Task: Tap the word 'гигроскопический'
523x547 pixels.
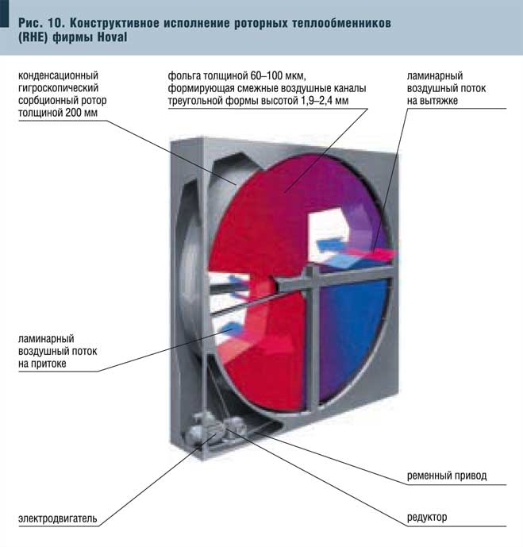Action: click(58, 88)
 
